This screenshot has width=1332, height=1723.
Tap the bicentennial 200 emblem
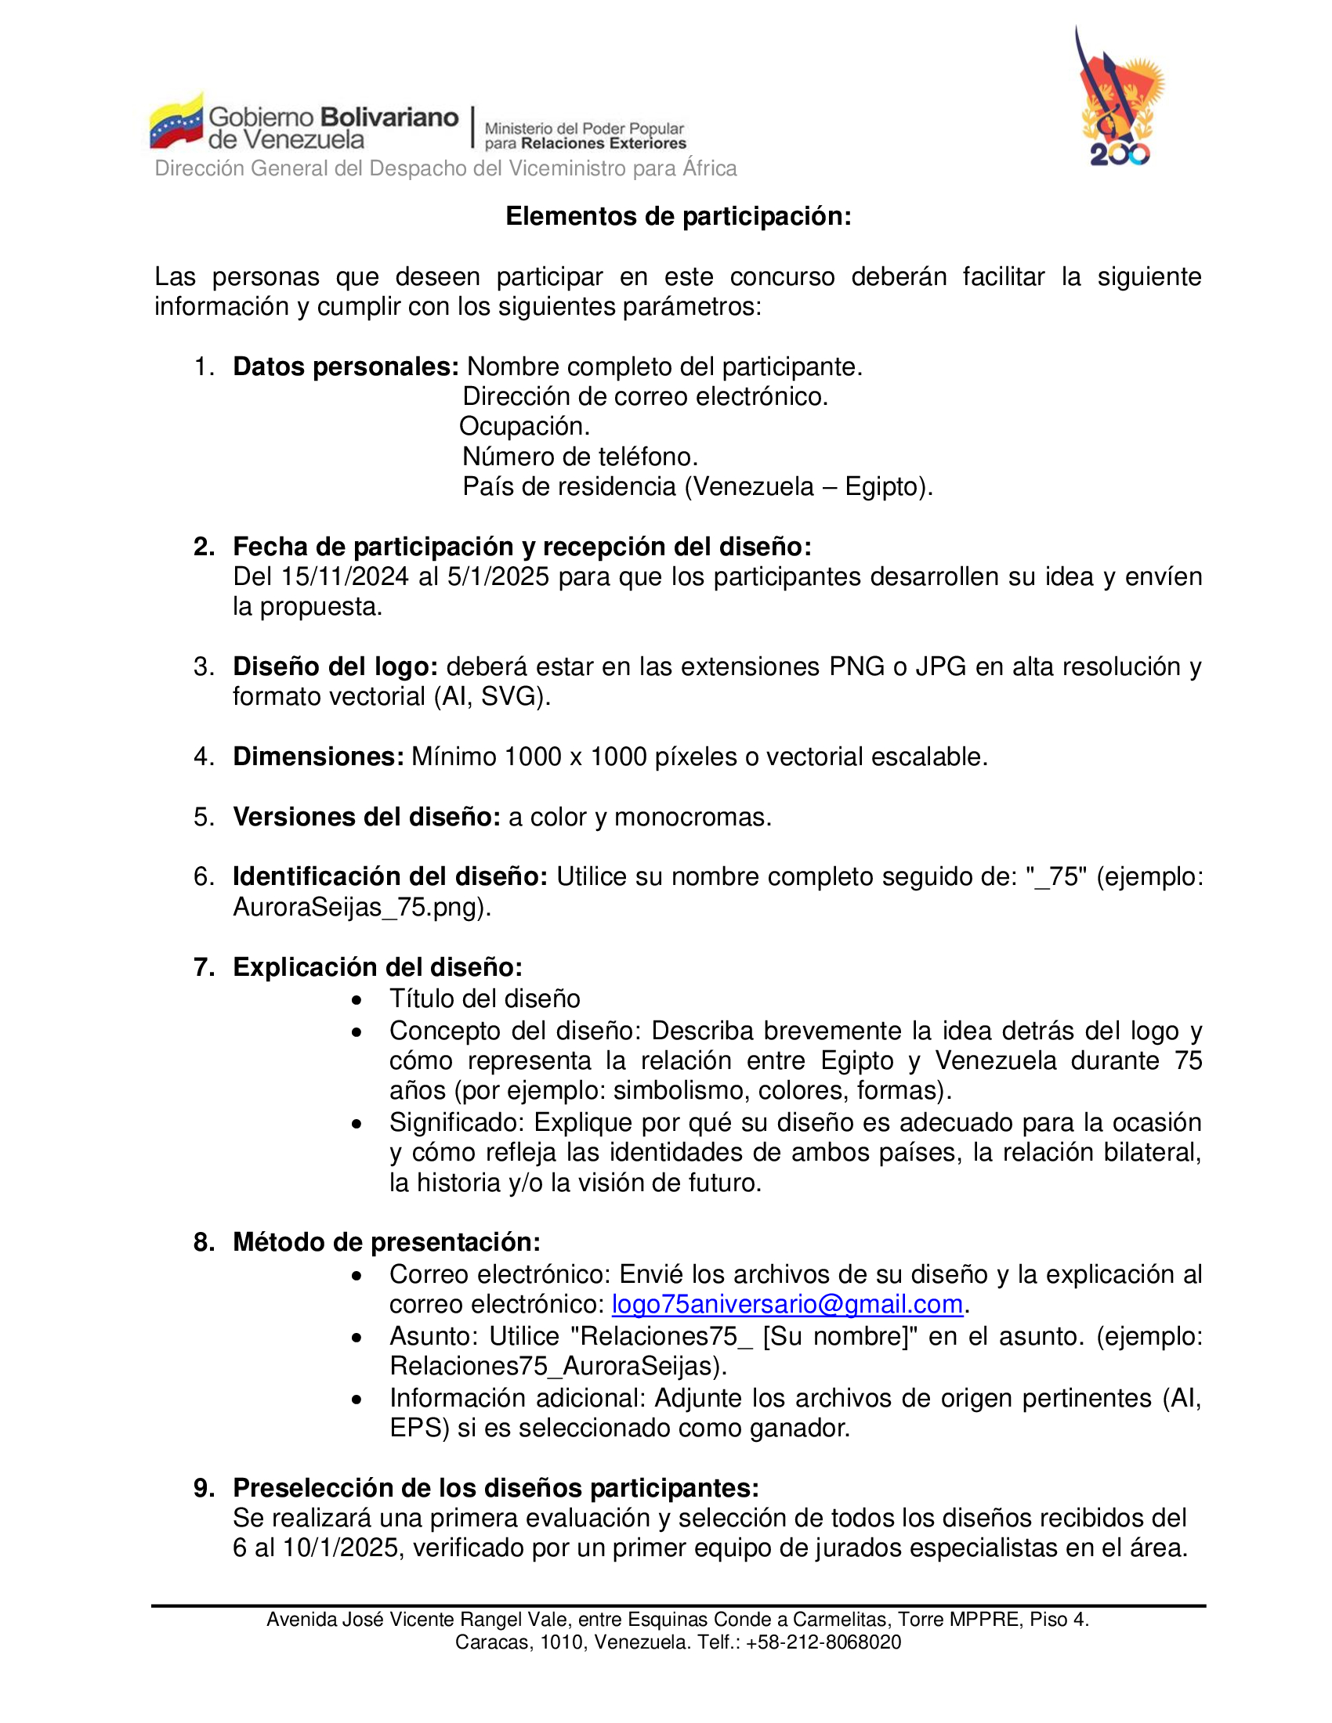click(x=1120, y=99)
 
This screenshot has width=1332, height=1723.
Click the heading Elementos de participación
click(x=679, y=216)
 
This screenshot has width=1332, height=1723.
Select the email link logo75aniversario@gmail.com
click(x=787, y=1304)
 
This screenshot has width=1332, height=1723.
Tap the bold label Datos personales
click(x=346, y=367)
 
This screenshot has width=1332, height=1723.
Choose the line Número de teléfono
click(x=580, y=456)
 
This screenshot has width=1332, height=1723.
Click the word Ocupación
click(x=524, y=426)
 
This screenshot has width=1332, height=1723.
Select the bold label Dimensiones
click(x=318, y=757)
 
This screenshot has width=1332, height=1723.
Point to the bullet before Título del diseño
click(x=357, y=1000)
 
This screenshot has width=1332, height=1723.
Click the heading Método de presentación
click(x=386, y=1242)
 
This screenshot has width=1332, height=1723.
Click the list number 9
click(x=204, y=1488)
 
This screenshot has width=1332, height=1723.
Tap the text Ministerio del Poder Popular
click(x=584, y=128)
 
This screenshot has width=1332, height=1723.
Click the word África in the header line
click(x=710, y=168)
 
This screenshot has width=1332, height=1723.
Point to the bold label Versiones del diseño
click(x=366, y=817)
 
